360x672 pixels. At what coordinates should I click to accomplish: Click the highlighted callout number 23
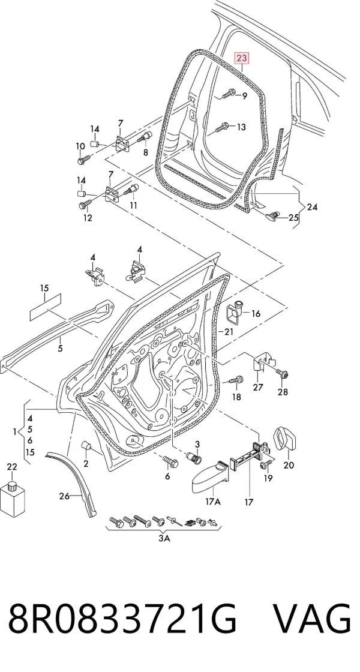[241, 58]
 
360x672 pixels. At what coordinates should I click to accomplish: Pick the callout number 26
[64, 496]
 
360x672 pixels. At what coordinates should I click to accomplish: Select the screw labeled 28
[282, 374]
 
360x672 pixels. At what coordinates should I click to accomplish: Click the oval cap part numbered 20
[284, 438]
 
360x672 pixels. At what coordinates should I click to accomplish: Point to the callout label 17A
[212, 502]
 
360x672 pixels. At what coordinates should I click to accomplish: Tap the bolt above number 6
[170, 461]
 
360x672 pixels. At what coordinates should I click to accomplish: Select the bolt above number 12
[85, 203]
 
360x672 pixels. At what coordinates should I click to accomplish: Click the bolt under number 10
[83, 159]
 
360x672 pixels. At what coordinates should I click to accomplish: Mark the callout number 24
[312, 207]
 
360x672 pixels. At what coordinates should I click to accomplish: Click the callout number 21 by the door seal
[229, 332]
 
